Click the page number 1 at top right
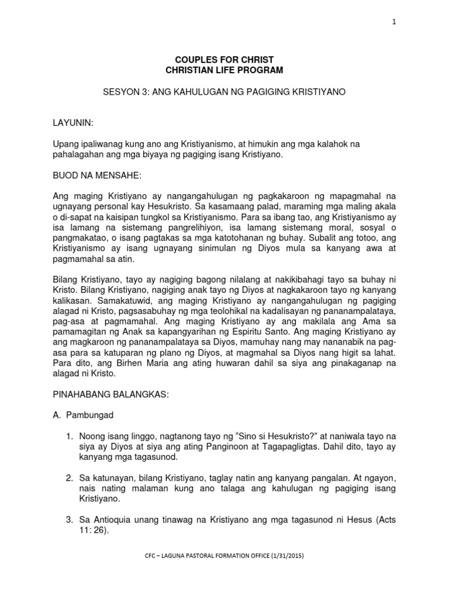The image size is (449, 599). pyautogui.click(x=395, y=22)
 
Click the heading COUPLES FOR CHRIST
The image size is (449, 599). pyautogui.click(x=224, y=60)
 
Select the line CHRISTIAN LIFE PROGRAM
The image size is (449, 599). pyautogui.click(x=224, y=70)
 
